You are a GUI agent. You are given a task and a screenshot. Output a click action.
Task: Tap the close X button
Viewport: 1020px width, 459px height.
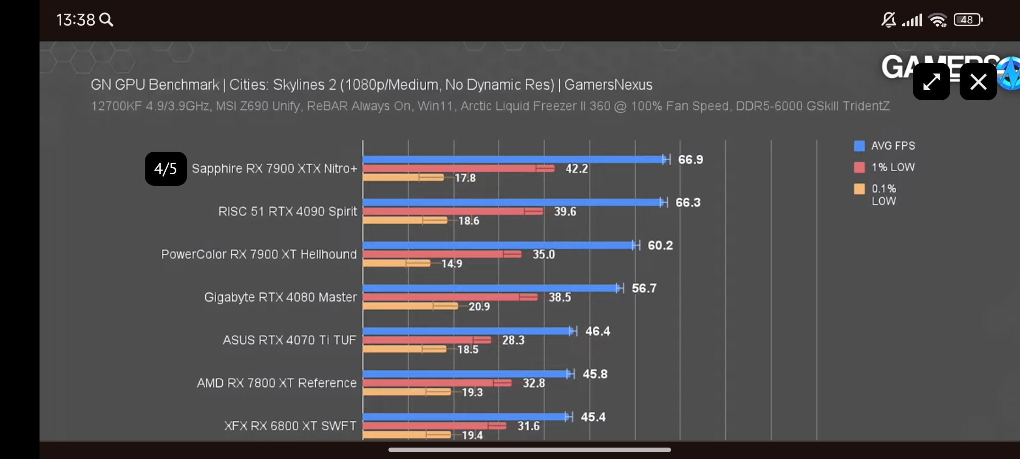(x=978, y=82)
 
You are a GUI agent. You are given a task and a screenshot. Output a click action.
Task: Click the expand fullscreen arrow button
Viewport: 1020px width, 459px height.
(x=931, y=82)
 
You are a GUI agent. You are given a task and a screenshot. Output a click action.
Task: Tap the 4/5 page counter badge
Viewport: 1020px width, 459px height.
(x=166, y=169)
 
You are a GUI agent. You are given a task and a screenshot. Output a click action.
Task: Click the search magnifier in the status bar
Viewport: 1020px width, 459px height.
(x=106, y=20)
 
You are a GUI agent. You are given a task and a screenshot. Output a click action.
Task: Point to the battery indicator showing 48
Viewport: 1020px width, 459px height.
(x=968, y=20)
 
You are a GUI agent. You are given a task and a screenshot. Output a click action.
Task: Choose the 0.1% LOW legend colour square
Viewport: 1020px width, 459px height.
(x=859, y=189)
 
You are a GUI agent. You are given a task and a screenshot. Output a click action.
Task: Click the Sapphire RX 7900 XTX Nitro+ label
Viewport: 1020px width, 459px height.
(x=274, y=169)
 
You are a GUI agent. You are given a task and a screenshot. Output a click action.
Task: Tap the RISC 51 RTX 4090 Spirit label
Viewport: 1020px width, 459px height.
(x=287, y=212)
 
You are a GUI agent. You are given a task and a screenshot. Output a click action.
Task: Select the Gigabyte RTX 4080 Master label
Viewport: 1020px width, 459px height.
(x=280, y=297)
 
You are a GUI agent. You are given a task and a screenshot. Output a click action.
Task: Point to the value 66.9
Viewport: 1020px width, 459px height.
(x=690, y=160)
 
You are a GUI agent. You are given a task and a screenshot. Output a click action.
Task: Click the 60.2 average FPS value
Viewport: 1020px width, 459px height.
(x=660, y=246)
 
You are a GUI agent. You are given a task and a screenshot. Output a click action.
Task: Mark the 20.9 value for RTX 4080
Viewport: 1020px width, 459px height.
(x=479, y=306)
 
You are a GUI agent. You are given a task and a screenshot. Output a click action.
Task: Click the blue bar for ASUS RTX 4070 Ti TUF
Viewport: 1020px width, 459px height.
(x=467, y=331)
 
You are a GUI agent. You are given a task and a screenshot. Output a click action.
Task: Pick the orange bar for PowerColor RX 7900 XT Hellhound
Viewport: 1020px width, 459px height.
(x=395, y=263)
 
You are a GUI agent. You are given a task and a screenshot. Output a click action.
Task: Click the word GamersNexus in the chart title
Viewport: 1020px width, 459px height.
(x=608, y=85)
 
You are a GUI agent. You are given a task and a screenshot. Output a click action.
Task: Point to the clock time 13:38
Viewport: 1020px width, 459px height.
(x=76, y=20)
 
